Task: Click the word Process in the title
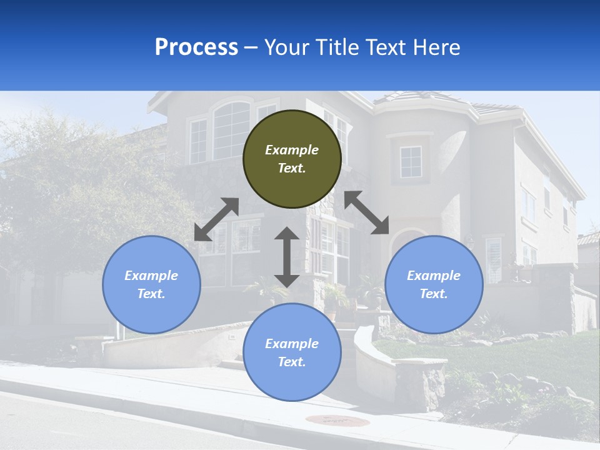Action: click(196, 47)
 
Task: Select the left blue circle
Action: click(151, 312)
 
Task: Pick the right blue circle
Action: click(434, 312)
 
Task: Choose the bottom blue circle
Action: click(292, 381)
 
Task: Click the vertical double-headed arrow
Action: click(287, 257)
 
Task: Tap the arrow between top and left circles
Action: click(216, 219)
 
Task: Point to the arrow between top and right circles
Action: click(367, 212)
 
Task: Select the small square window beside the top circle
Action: click(411, 162)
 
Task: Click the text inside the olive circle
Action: click(292, 159)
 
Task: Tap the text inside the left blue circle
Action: click(151, 284)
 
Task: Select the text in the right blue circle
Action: click(434, 284)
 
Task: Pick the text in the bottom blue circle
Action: click(292, 352)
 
